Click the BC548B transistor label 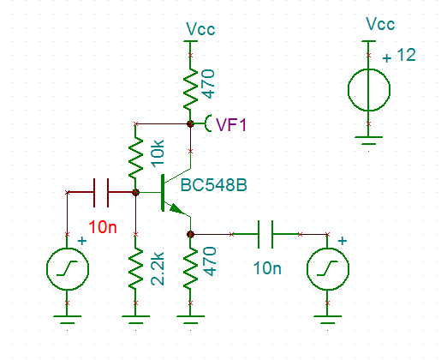(x=214, y=185)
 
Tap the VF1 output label (x=231, y=125)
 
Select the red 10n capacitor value (x=103, y=227)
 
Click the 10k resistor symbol (x=135, y=158)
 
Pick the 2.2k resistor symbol (x=135, y=268)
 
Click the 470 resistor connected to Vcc (x=190, y=89)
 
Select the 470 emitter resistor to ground (x=190, y=268)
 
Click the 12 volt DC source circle (x=369, y=90)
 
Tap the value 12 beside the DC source (x=407, y=55)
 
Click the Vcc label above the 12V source (x=380, y=24)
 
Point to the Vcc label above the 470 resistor (x=200, y=29)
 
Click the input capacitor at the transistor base (x=101, y=192)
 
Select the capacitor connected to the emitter (x=265, y=234)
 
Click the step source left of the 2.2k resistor (x=68, y=268)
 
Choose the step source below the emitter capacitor (x=328, y=268)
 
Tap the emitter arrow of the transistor (x=177, y=208)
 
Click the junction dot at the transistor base (x=135, y=192)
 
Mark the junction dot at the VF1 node (x=190, y=123)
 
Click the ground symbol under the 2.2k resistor (x=135, y=320)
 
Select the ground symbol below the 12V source (x=369, y=141)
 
